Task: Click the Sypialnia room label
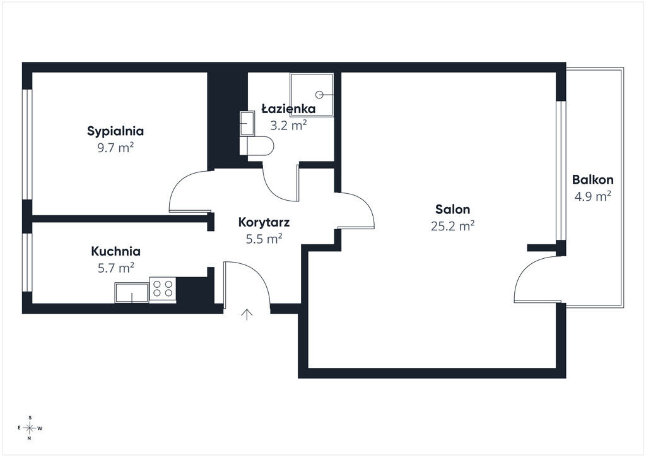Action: coord(115,131)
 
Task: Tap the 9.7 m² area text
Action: coord(115,148)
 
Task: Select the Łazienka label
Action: coord(288,109)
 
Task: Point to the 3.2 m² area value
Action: coord(288,125)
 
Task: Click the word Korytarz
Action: coord(264,222)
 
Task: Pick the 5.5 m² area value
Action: coord(264,239)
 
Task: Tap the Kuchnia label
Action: coord(116,251)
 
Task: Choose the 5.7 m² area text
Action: coord(116,268)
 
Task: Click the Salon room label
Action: coord(453,210)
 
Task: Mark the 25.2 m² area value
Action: coord(453,226)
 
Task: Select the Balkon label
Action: coord(593,180)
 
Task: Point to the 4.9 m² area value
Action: coord(593,196)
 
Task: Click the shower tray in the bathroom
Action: coord(312,95)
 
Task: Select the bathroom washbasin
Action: coord(247,123)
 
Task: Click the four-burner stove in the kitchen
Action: coord(163,288)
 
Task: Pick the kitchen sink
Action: coord(132,294)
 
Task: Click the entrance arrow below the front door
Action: coord(247,314)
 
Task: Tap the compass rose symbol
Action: coord(29,428)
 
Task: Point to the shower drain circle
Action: coord(319,95)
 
